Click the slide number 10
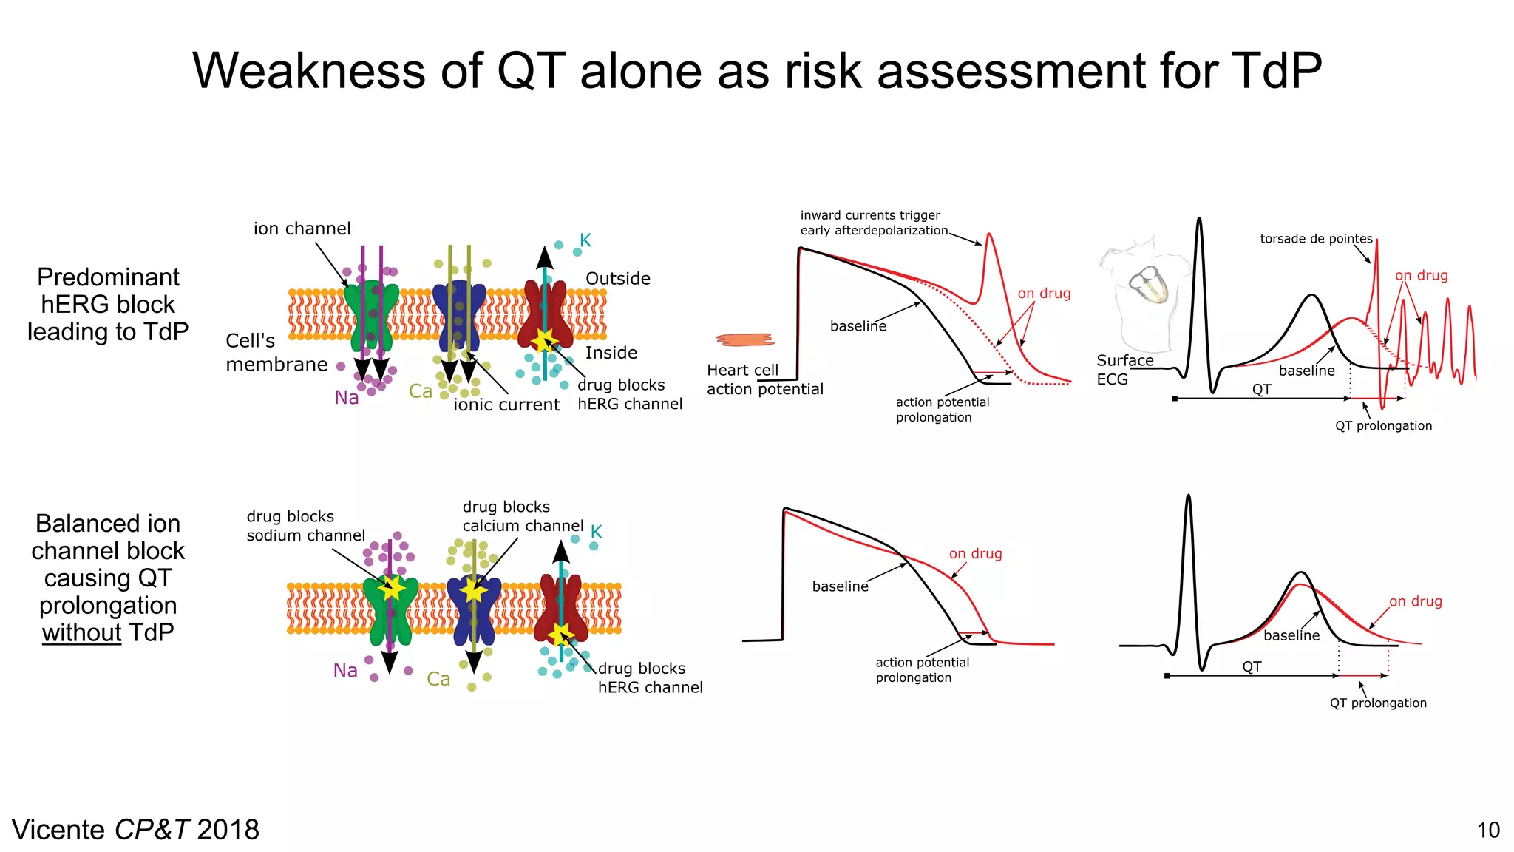pyautogui.click(x=1487, y=831)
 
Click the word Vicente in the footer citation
pyautogui.click(x=58, y=831)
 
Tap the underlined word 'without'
pyautogui.click(x=81, y=633)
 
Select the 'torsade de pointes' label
pyautogui.click(x=1316, y=239)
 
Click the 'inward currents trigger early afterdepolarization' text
pyautogui.click(x=872, y=223)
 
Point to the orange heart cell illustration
pyautogui.click(x=744, y=339)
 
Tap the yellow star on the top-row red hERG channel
pyautogui.click(x=545, y=340)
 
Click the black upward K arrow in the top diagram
pyautogui.click(x=545, y=259)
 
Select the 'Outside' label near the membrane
pyautogui.click(x=618, y=279)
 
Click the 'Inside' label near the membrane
pyautogui.click(x=611, y=353)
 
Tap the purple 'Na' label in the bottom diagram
pyautogui.click(x=345, y=671)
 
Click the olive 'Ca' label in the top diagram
pyautogui.click(x=421, y=391)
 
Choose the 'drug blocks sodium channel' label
pyautogui.click(x=305, y=526)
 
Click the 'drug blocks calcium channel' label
pyautogui.click(x=522, y=516)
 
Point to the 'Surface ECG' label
pyautogui.click(x=1124, y=370)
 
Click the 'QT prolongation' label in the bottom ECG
pyautogui.click(x=1378, y=703)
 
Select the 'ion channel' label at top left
pyautogui.click(x=302, y=229)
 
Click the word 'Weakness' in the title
pyautogui.click(x=310, y=72)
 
